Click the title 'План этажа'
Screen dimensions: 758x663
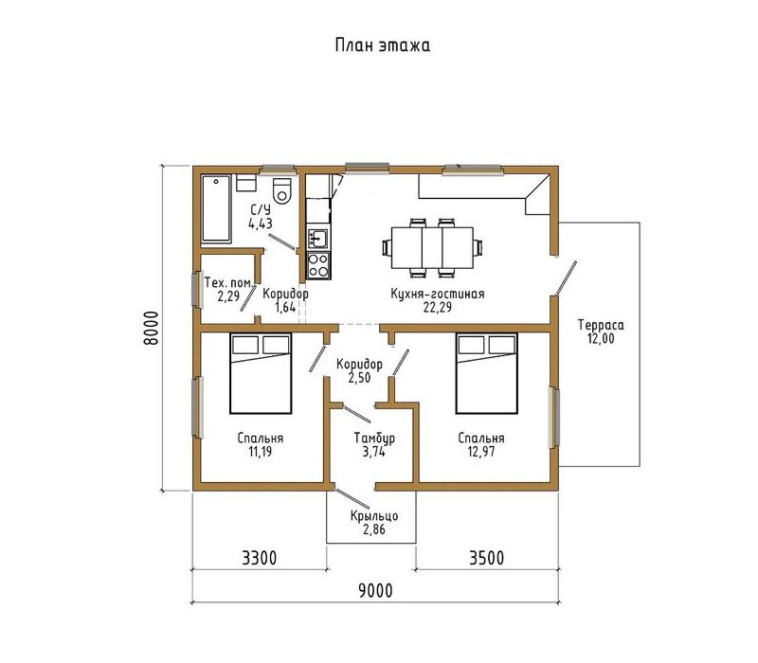coord(383,45)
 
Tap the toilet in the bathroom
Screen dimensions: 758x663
coord(282,190)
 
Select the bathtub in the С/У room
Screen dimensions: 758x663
coord(216,208)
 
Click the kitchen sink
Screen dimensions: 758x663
coord(318,239)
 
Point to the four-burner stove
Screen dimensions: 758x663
coord(318,265)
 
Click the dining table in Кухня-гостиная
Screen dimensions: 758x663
coord(432,248)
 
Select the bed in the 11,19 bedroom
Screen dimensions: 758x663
coord(261,373)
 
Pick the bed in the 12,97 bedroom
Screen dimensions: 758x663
coord(486,373)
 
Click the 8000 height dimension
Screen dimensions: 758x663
coord(152,328)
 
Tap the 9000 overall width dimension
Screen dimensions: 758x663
coord(375,590)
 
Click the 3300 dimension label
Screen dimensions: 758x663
coord(260,558)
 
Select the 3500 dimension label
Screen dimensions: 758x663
coord(487,558)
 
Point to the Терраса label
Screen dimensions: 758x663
coord(601,325)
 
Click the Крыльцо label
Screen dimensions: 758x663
coord(374,516)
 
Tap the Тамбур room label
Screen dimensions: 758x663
coord(374,439)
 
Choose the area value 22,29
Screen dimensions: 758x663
coord(438,307)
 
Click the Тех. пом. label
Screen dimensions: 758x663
coord(228,282)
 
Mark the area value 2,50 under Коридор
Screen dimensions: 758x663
coord(359,377)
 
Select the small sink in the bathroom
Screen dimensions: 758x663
coord(245,184)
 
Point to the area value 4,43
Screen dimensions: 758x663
coord(261,224)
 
